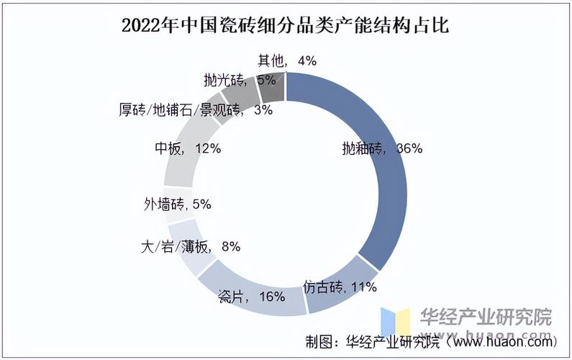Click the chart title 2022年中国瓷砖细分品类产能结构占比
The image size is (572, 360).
286,27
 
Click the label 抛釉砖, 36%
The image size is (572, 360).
381,149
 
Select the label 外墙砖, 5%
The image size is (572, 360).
177,204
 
